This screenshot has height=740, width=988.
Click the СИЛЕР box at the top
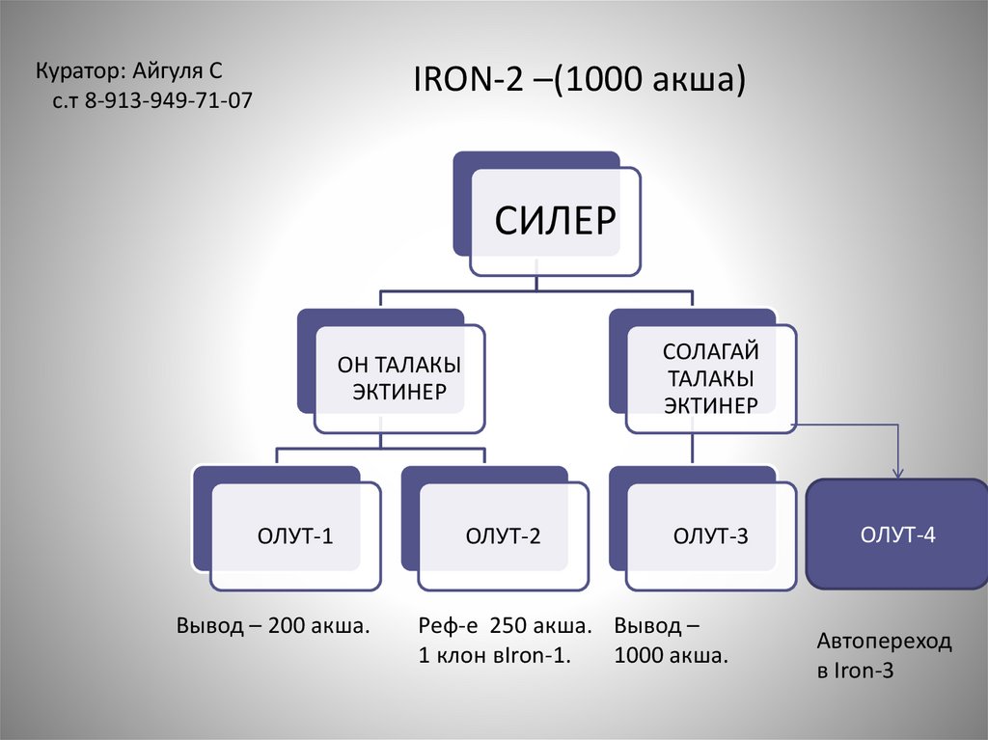coord(547,213)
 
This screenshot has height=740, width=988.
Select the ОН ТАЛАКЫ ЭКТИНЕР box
coord(392,371)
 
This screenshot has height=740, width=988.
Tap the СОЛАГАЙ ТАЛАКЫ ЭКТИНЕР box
coord(703,371)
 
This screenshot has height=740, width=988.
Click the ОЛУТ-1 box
coord(288,529)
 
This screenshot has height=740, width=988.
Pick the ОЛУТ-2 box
coord(495,529)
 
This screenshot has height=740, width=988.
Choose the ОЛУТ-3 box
coord(703,529)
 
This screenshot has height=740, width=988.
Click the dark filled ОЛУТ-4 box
coord(897,534)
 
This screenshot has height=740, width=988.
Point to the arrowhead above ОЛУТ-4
coord(898,473)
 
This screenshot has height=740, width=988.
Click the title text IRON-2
coord(469,79)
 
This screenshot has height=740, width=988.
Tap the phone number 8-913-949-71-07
coord(168,100)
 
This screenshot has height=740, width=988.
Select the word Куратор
coord(81,71)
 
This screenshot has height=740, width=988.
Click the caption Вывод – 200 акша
coord(273,626)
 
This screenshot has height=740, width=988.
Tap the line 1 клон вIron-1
coord(495,655)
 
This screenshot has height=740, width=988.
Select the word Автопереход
coord(884,642)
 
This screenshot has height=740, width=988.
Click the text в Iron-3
coord(855,670)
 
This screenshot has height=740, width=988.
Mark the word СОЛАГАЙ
coord(711,352)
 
